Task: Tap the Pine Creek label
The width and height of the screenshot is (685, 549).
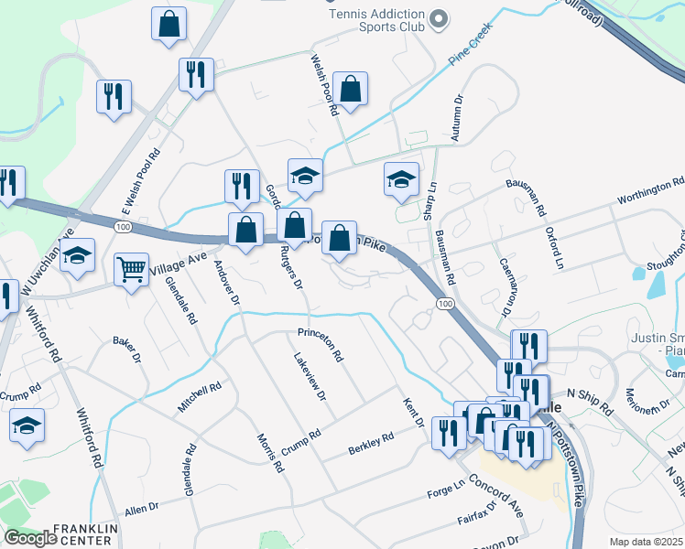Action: click(471, 44)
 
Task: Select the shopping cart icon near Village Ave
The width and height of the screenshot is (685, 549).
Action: click(132, 271)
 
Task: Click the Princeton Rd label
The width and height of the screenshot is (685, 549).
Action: click(320, 342)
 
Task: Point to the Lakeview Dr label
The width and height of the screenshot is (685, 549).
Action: click(309, 377)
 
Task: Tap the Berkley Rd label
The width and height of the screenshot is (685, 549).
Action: click(370, 444)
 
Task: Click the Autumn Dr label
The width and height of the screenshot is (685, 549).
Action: click(457, 121)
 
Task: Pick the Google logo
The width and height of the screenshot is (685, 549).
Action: click(30, 538)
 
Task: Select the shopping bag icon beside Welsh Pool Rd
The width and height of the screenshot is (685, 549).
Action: click(350, 90)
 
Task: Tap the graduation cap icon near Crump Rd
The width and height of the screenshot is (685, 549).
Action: click(27, 427)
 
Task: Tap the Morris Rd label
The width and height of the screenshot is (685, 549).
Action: click(270, 453)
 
